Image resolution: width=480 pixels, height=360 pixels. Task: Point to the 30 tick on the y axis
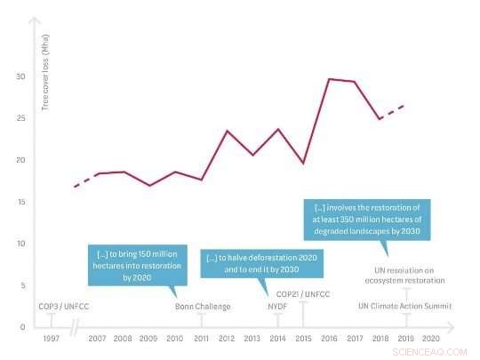pyautogui.click(x=21, y=76)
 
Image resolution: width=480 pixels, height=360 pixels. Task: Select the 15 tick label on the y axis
pyautogui.click(x=21, y=202)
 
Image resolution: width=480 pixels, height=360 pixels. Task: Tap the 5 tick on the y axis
pyautogui.click(x=24, y=285)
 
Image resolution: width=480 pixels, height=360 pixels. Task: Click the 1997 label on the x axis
pyautogui.click(x=50, y=340)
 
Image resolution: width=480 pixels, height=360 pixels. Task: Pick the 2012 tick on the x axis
pyautogui.click(x=227, y=340)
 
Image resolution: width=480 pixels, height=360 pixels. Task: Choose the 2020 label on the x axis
pyautogui.click(x=430, y=340)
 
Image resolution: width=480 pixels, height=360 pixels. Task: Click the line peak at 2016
pyautogui.click(x=330, y=79)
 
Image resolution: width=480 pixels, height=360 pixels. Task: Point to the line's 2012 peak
pyautogui.click(x=228, y=131)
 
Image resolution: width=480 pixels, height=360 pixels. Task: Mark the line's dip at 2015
pyautogui.click(x=303, y=164)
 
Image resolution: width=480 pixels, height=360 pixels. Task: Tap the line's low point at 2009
pyautogui.click(x=150, y=185)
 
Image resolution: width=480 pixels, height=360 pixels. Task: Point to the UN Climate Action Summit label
pyautogui.click(x=404, y=307)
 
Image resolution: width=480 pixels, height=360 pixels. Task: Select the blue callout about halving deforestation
pyautogui.click(x=261, y=263)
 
